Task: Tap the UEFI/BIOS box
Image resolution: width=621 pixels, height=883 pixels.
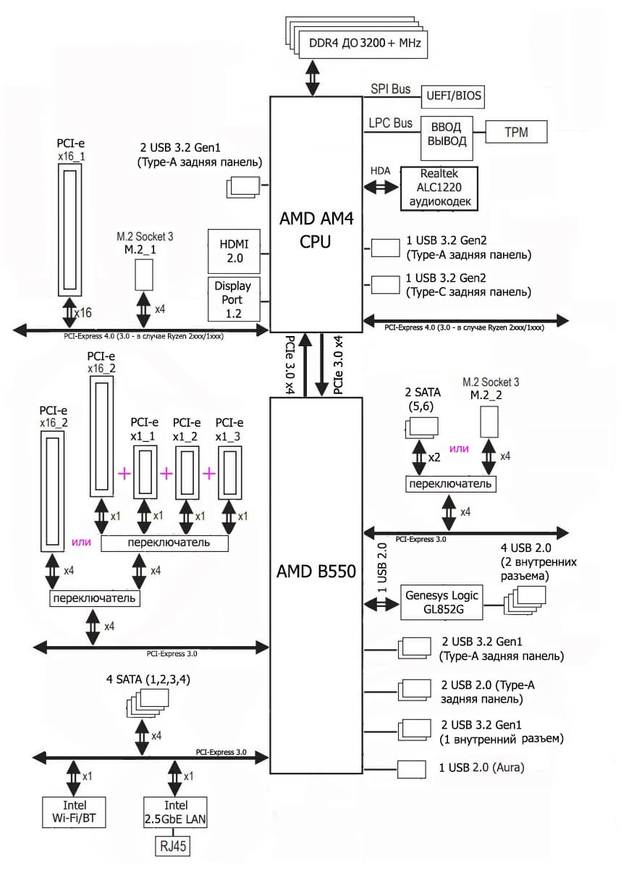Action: pos(454,96)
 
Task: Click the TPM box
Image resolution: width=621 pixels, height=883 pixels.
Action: pos(516,132)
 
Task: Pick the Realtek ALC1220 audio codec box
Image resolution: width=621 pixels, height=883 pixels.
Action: pos(439,188)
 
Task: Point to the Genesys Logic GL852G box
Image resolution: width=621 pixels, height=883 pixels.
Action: pos(442,602)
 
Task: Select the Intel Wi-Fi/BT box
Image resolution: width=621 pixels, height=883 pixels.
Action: pos(75,812)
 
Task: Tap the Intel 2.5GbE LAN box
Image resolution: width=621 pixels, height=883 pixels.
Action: pos(175,812)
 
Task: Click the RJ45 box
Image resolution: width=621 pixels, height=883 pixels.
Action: pos(172,846)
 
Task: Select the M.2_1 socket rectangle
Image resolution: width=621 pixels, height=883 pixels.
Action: pos(145,274)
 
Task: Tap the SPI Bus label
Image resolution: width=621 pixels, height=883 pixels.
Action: pos(390,90)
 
